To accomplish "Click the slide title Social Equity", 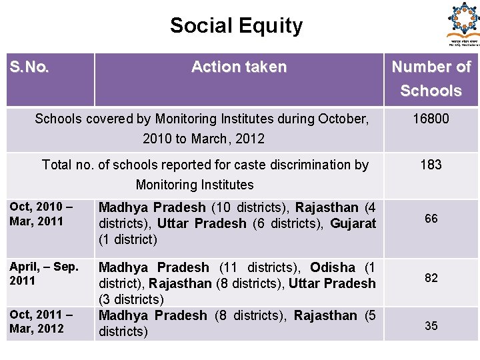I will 236,26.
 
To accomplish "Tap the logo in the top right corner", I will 463,23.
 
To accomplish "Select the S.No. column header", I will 29,67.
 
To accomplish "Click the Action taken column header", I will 239,67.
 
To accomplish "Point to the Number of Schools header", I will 431,79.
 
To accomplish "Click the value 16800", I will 431,119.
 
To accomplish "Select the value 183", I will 431,165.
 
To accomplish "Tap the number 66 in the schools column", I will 431,219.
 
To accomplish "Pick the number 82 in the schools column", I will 431,278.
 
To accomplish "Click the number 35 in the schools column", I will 431,326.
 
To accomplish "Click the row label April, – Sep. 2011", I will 44,273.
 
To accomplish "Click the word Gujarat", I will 353,223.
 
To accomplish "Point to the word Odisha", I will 333,267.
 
